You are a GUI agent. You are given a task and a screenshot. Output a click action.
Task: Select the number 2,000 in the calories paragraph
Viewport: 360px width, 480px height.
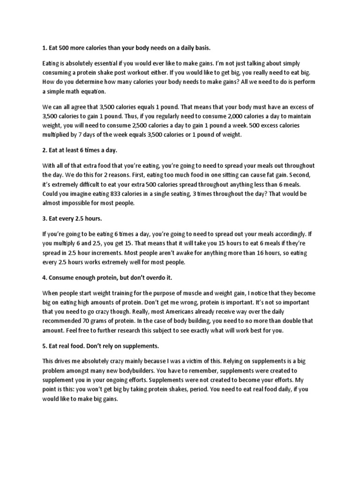point(233,116)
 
